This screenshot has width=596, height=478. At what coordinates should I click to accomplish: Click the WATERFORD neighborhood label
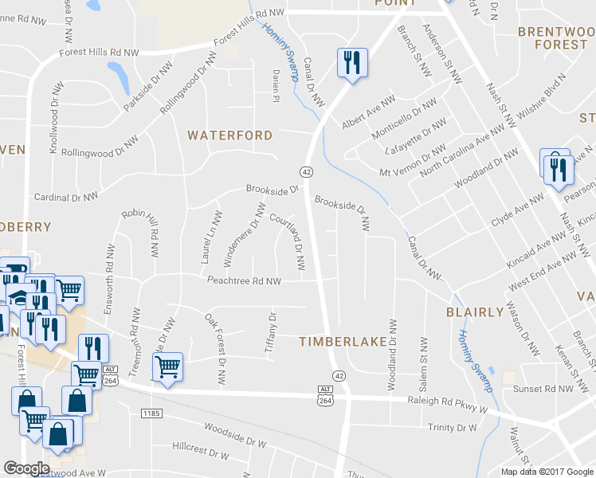(229, 135)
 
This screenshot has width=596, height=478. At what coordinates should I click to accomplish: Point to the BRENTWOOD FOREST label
(551, 38)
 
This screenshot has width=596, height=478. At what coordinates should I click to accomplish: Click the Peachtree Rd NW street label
(245, 281)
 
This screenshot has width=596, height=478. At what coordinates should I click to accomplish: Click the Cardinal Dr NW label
(66, 196)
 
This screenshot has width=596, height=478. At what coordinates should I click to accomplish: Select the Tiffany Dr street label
(270, 333)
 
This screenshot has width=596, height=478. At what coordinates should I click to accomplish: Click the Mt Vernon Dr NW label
(411, 161)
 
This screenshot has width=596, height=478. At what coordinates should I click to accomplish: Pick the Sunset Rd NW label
(544, 390)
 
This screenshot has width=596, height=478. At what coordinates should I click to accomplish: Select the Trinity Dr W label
(451, 428)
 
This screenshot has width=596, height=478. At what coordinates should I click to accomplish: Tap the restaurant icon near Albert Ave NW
(351, 63)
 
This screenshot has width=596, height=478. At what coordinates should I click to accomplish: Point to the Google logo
(26, 468)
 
